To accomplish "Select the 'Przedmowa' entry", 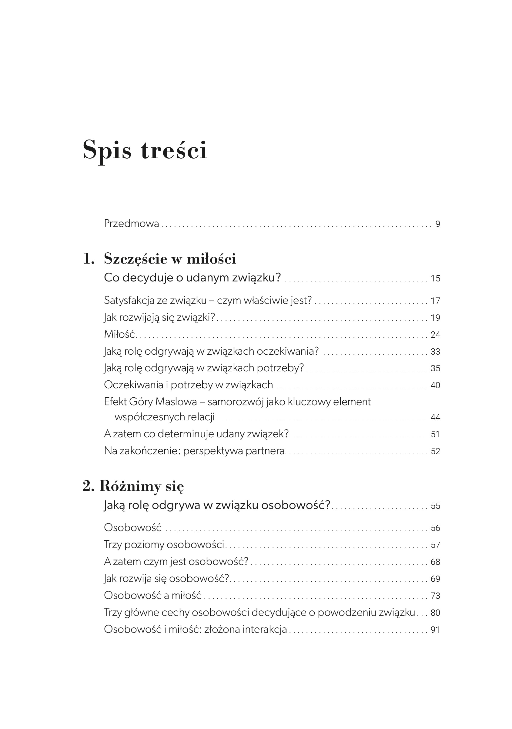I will [x=131, y=224].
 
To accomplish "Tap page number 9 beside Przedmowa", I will [x=438, y=224].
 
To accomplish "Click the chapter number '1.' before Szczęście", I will [x=89, y=259].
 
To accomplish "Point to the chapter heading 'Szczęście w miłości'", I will [x=170, y=259].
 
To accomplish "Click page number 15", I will [x=435, y=278].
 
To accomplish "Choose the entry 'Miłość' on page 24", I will [x=119, y=334].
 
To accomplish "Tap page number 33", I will [x=435, y=351].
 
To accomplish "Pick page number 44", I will [x=435, y=417].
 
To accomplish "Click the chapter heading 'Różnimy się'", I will [x=142, y=486].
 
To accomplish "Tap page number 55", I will [x=435, y=506].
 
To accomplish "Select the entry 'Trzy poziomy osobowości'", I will [x=164, y=544].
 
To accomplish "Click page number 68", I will [x=435, y=562].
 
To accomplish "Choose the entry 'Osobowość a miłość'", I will [x=153, y=595].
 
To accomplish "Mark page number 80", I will [x=435, y=612].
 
